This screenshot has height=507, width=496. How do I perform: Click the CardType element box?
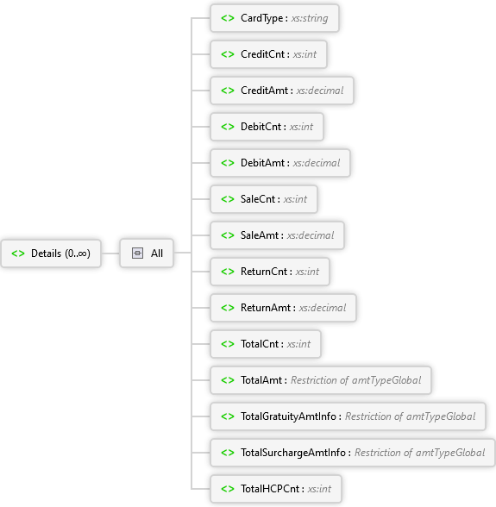coord(274,18)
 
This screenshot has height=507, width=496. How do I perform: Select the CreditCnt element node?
coord(268,54)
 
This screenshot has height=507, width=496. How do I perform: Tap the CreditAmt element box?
coord(282,91)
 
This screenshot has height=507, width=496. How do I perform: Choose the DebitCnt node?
coord(267,127)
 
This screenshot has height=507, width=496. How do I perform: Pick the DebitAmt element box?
coord(280,163)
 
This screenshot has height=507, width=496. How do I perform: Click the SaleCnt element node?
coord(264,199)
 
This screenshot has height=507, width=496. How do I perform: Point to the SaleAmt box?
coord(277,235)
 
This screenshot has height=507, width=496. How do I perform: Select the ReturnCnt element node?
coord(270,272)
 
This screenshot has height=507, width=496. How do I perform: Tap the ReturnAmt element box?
coord(283,308)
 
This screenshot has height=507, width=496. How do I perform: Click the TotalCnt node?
coord(266,344)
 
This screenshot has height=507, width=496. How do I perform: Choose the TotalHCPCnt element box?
coord(276,489)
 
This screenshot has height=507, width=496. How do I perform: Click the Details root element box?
coord(51,253)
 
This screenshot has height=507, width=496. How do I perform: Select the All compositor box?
coord(147,253)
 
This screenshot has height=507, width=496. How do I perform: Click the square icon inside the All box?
coord(137,253)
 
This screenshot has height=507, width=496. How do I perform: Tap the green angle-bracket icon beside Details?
coord(18,253)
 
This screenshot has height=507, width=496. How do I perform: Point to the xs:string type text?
coord(310,18)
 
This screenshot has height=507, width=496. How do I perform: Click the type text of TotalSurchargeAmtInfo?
coord(419,453)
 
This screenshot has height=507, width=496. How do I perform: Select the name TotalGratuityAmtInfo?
coord(288,416)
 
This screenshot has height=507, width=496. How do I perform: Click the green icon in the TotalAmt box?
coord(228,380)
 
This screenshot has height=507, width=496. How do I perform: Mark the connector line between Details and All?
coord(110,253)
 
